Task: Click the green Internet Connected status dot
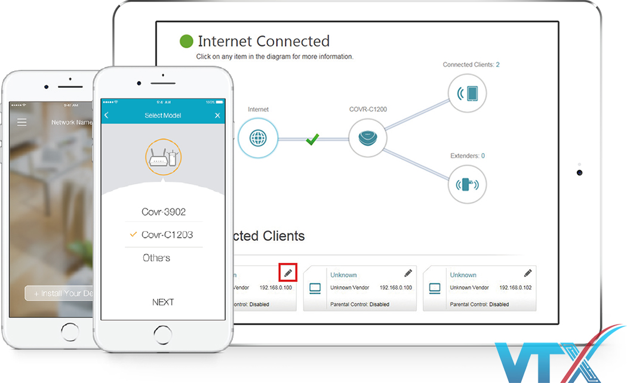(x=187, y=41)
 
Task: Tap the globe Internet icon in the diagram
(x=258, y=138)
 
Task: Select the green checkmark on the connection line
(x=312, y=139)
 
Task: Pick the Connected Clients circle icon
(x=468, y=93)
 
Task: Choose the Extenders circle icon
(x=468, y=184)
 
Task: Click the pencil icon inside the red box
(x=288, y=272)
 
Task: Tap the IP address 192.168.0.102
(x=515, y=288)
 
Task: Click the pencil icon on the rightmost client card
(x=527, y=273)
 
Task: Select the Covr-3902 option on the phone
(x=163, y=212)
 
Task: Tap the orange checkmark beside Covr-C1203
(x=133, y=235)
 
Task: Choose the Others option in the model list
(x=156, y=258)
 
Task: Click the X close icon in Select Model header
(x=217, y=115)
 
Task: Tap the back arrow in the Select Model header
(x=107, y=115)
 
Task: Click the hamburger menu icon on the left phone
(x=22, y=122)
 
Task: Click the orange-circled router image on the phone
(x=163, y=157)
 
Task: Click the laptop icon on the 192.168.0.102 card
(x=434, y=289)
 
